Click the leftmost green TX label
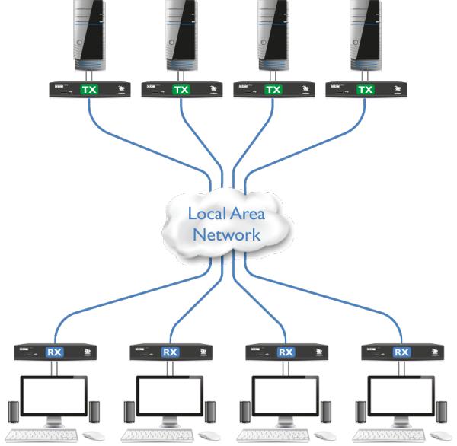(90, 90)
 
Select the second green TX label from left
(181, 90)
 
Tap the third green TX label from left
(273, 90)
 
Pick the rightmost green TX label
(366, 90)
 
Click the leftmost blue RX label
(54, 352)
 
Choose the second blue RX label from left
(170, 352)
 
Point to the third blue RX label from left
(286, 352)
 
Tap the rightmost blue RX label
(401, 352)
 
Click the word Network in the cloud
(226, 234)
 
